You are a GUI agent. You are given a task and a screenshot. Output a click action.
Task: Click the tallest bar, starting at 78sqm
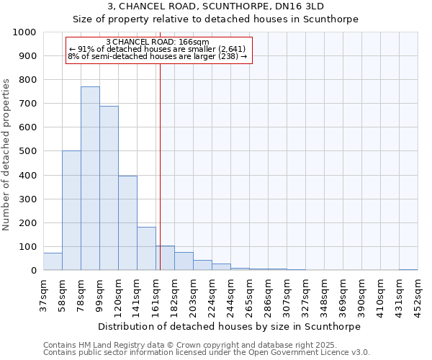(x=90, y=179)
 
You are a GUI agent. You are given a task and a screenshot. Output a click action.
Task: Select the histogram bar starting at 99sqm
(x=109, y=188)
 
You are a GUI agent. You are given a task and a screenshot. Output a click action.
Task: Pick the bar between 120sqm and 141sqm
(x=127, y=223)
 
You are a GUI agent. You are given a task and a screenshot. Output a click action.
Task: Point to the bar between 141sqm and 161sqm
(x=146, y=248)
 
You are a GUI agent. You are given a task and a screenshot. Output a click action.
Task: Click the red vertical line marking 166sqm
(x=160, y=166)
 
